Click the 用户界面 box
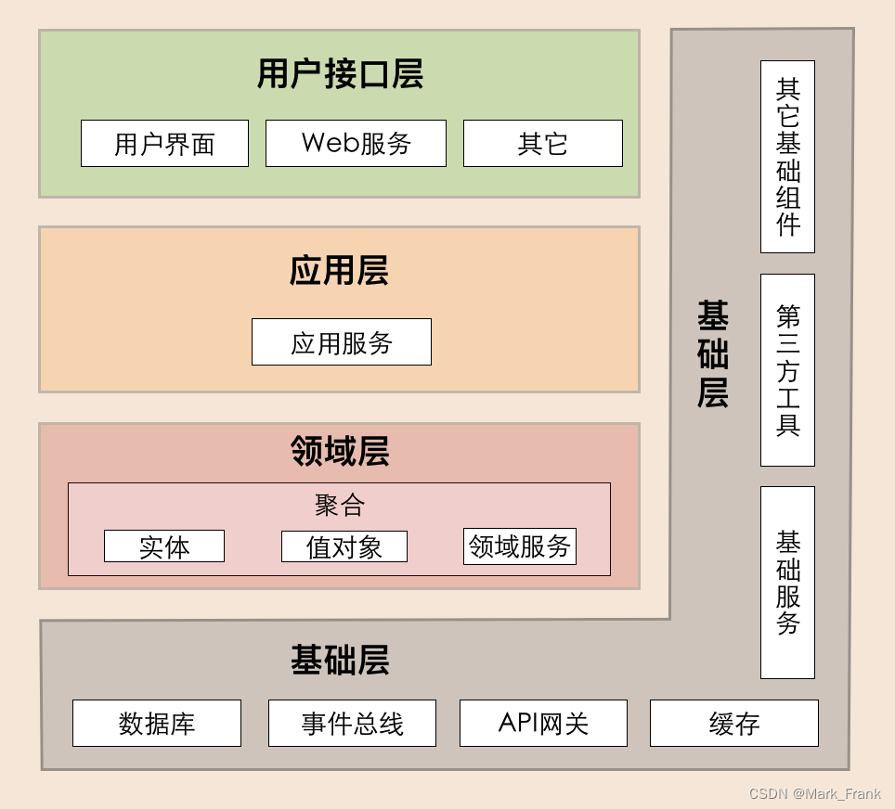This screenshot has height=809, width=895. point(164,144)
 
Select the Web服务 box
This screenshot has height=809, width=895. point(356,144)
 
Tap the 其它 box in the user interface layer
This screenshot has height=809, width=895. point(543,144)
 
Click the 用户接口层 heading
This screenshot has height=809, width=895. point(340,74)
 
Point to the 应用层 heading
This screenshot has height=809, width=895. point(339,271)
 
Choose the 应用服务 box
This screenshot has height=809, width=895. point(342,342)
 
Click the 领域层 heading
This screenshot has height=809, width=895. point(339,451)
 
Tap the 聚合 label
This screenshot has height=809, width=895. point(339,505)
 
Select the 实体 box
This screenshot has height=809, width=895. point(164,546)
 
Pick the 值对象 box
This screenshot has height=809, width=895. point(344,546)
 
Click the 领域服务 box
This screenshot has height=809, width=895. point(520,546)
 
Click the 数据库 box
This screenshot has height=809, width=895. point(157,724)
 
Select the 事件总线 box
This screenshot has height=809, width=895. point(352,724)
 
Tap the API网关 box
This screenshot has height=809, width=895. point(543,724)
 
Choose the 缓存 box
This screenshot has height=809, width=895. point(734,724)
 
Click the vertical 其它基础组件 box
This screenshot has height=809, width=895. point(787,157)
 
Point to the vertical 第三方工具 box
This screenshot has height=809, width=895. point(787,370)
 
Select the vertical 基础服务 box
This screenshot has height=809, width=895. point(787,583)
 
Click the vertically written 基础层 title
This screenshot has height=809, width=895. point(713,354)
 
